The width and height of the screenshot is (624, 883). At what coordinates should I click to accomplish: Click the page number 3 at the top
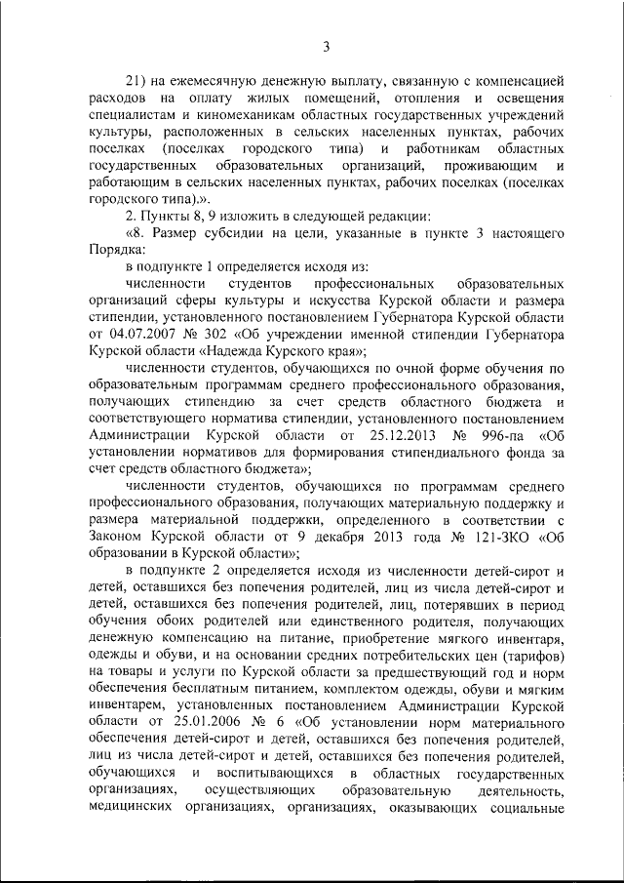[x=326, y=46]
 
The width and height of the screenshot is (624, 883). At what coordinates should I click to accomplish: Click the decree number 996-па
[x=494, y=435]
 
